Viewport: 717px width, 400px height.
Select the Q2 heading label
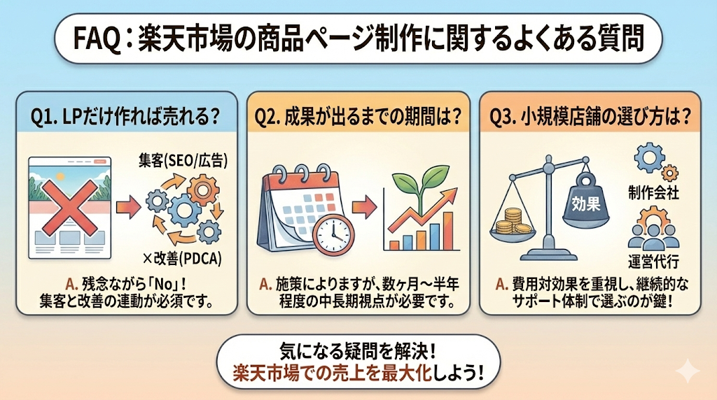pyautogui.click(x=359, y=117)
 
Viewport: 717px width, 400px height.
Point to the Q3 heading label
pyautogui.click(x=592, y=117)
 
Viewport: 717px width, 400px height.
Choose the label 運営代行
pyautogui.click(x=654, y=260)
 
